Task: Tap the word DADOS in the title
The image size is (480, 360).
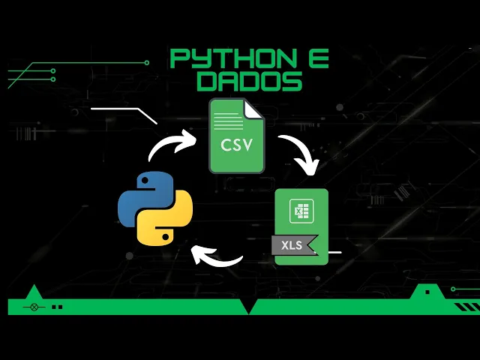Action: coord(249,81)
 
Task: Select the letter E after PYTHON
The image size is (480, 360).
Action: coord(313,58)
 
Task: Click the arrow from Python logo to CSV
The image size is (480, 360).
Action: coord(170,145)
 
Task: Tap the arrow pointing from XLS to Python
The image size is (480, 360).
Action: coord(217,259)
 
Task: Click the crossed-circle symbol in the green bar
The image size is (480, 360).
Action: coord(33,307)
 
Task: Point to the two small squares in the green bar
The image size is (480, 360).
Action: coord(57,307)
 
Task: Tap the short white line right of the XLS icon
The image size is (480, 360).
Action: coord(334,252)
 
